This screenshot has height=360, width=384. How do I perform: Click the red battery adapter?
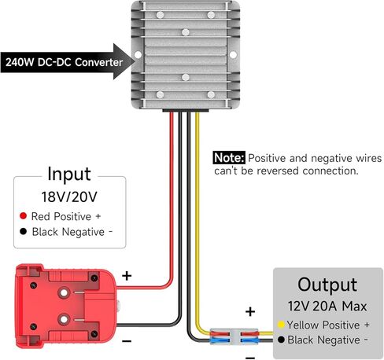pyautogui.click(x=66, y=302)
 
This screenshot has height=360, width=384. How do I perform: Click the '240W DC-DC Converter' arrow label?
pyautogui.click(x=65, y=61)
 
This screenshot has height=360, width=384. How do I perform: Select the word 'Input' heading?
pyautogui.click(x=69, y=174)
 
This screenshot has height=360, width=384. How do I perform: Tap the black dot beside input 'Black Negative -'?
pyautogui.click(x=24, y=232)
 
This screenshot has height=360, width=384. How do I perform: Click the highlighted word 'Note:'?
pyautogui.click(x=230, y=157)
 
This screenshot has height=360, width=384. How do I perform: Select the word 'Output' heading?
pyautogui.click(x=327, y=285)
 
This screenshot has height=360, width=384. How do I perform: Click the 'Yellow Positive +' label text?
pyautogui.click(x=329, y=325)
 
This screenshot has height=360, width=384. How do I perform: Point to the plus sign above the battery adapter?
pyautogui.click(x=127, y=276)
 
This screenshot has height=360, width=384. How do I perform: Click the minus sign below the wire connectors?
pyautogui.click(x=250, y=355)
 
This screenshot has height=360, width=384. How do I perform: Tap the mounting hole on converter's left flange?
pyautogui.click(x=137, y=56)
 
